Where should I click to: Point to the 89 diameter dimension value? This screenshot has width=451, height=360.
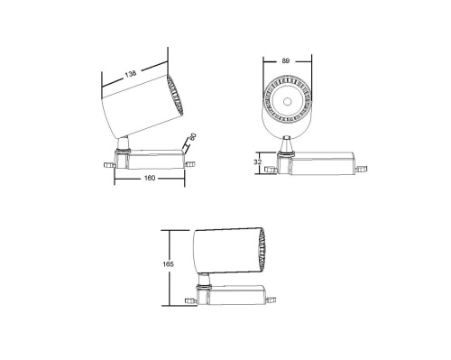[288, 60]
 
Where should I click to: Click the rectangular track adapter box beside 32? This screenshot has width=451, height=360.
[320, 163]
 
